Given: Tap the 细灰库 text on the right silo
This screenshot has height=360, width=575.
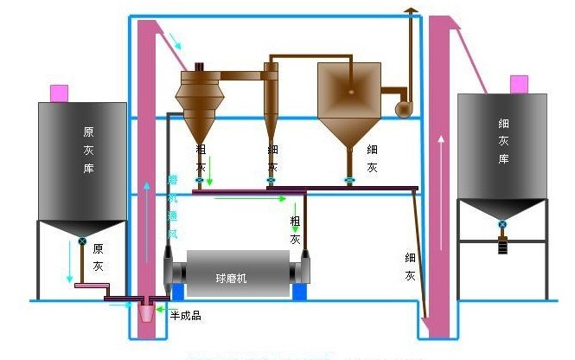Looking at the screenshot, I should click(x=503, y=142).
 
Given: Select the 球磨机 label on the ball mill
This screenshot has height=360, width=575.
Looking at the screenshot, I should click(x=231, y=278).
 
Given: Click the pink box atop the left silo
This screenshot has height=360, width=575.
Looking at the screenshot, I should click(x=60, y=92).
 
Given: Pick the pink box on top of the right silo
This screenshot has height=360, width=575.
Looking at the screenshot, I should click(x=519, y=83).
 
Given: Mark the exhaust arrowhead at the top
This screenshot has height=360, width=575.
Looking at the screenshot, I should click(x=411, y=8).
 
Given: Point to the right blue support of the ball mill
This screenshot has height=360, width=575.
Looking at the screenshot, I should click(x=300, y=292).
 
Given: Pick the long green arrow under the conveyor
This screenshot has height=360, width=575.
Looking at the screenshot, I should click(x=251, y=199).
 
